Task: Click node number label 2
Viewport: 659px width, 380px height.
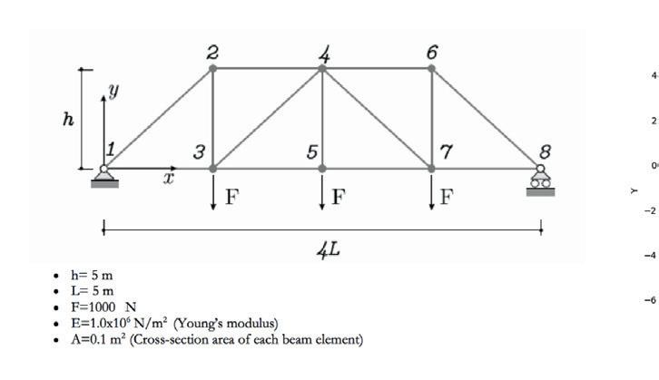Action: pos(211,51)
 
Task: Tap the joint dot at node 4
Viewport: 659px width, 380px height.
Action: pos(322,68)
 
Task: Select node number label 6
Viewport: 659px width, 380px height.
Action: pos(431,51)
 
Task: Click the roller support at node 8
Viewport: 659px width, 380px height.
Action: pos(541,182)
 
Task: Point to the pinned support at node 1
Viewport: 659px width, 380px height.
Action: pos(104,180)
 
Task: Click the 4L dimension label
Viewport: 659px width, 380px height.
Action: pos(329,248)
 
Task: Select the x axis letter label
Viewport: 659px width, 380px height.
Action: pos(168,180)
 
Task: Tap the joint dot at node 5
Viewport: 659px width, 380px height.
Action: pos(322,168)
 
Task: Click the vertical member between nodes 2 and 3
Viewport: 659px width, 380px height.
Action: pos(213,118)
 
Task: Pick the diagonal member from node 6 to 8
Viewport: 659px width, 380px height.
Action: pos(486,118)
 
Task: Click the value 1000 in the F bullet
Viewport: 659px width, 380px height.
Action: pos(107,307)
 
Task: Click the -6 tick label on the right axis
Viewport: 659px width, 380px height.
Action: pos(649,300)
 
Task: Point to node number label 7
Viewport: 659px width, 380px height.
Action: pos(445,151)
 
